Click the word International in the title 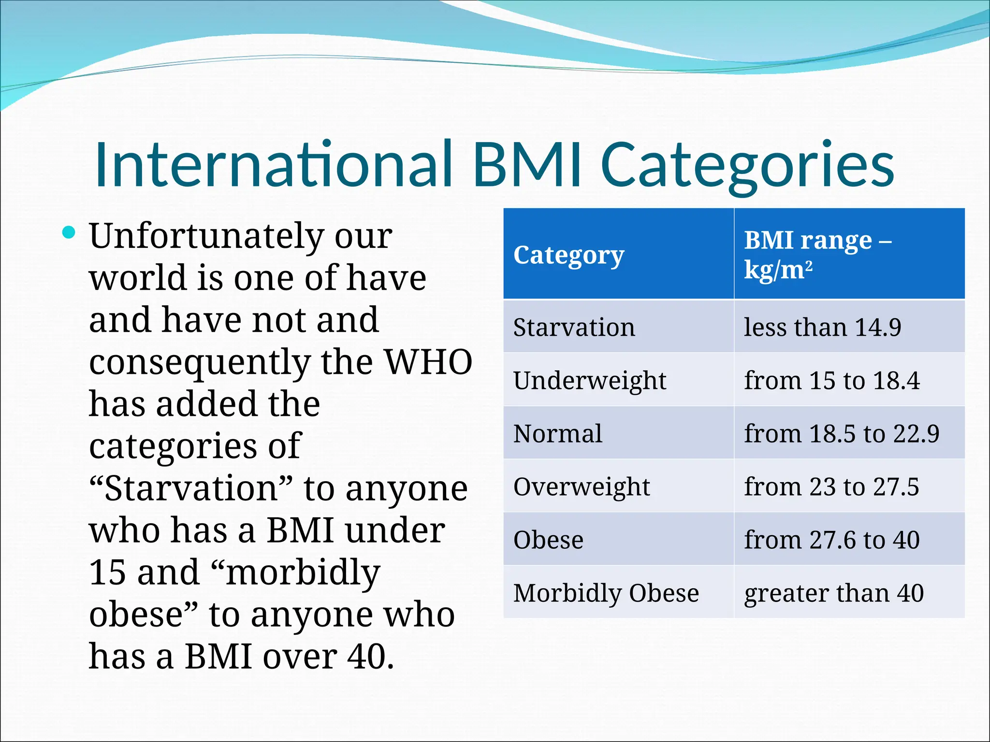click(x=274, y=164)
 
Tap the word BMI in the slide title click(x=527, y=164)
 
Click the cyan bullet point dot click(x=69, y=233)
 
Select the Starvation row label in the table click(x=574, y=327)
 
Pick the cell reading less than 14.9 click(x=822, y=327)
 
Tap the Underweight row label click(x=589, y=380)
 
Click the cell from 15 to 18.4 click(x=831, y=380)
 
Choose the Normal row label click(x=557, y=433)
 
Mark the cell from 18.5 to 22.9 click(x=841, y=433)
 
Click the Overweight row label click(x=581, y=486)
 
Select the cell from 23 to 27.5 click(x=831, y=486)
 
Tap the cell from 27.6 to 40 click(x=831, y=540)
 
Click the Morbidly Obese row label click(x=606, y=593)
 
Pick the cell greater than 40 click(x=833, y=593)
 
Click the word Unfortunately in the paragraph click(x=206, y=236)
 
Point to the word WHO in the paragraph click(x=428, y=362)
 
